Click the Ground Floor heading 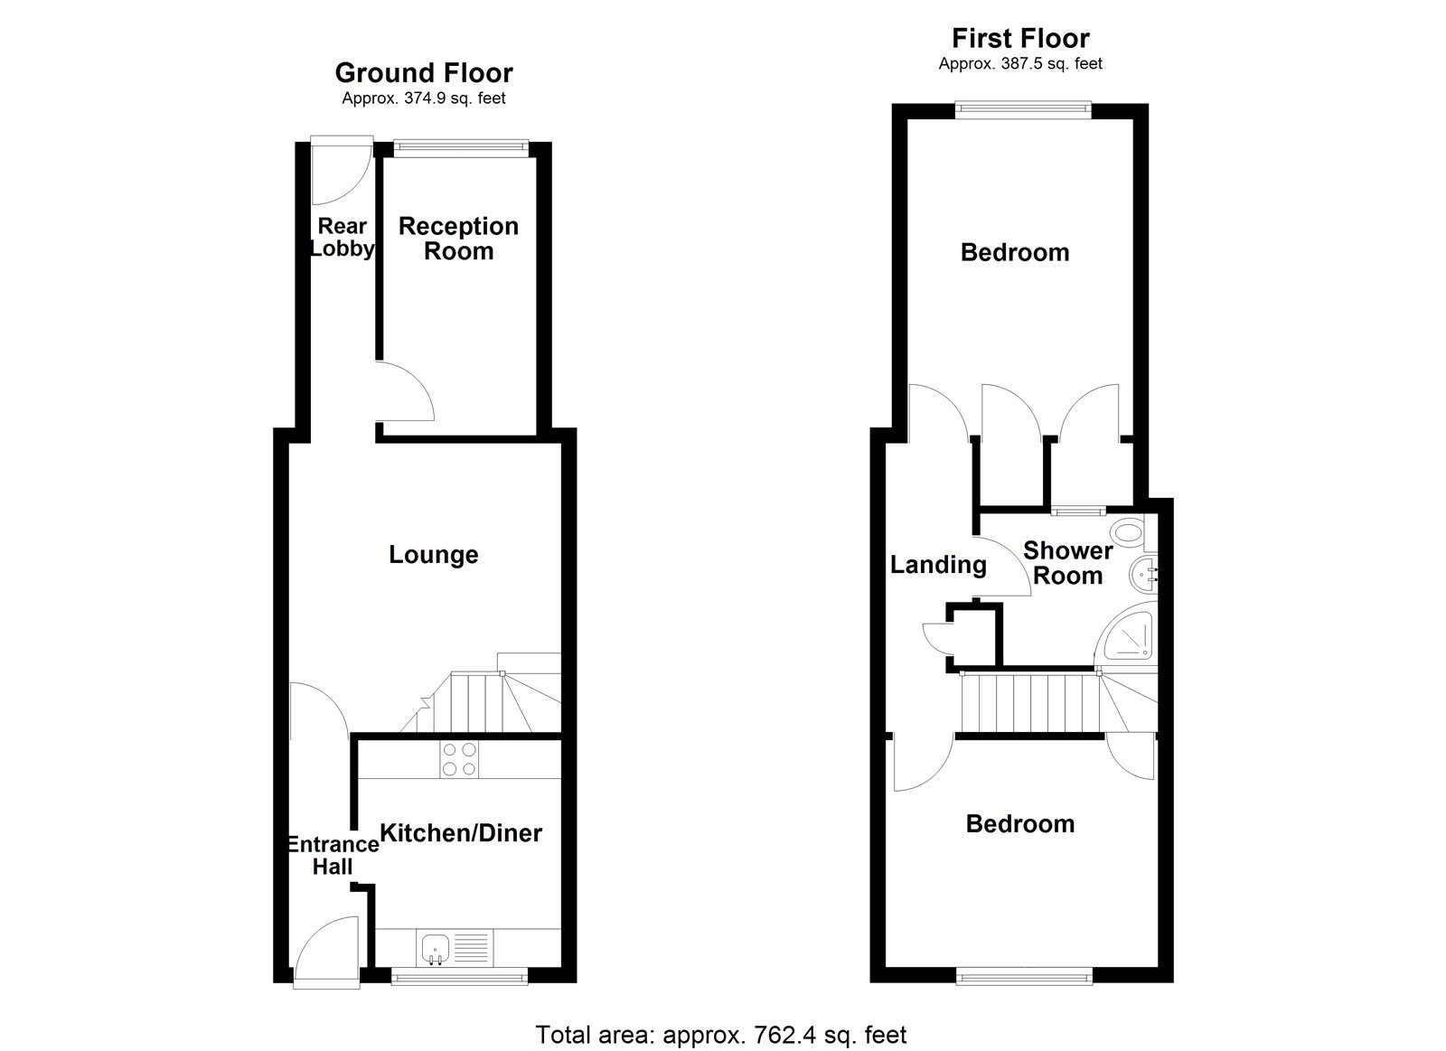click(423, 72)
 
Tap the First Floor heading click(1020, 38)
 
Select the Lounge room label click(433, 554)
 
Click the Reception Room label click(458, 239)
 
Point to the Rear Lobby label click(342, 238)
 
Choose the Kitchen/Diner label click(460, 832)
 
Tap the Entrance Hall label click(333, 855)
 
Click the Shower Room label click(1067, 563)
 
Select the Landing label click(938, 565)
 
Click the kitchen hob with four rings click(459, 759)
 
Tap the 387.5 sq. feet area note click(1020, 63)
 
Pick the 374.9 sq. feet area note click(423, 99)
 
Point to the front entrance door click(325, 949)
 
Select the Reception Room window click(461, 144)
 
